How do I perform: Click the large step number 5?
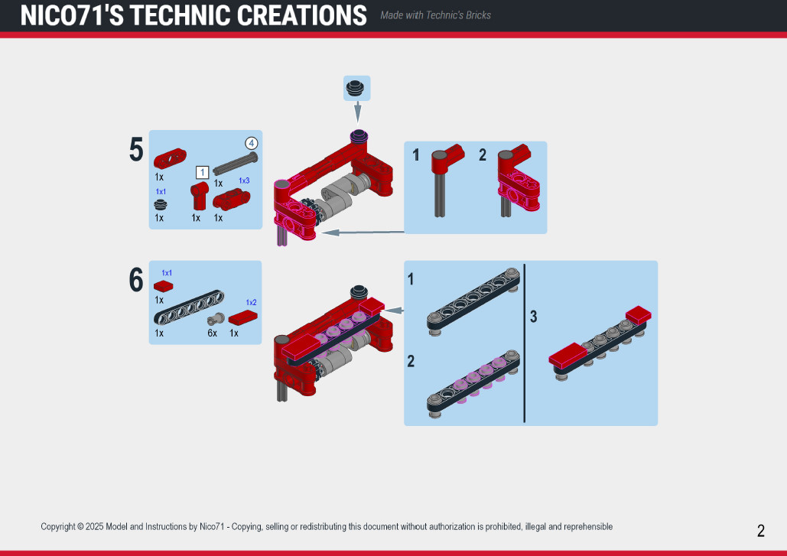click(x=136, y=150)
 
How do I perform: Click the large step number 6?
click(x=136, y=279)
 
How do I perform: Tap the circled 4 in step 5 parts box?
click(x=252, y=144)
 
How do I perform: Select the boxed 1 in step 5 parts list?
click(x=202, y=173)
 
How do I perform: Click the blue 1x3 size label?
click(x=244, y=180)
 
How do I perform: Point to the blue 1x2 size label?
click(x=251, y=303)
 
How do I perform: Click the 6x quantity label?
click(x=213, y=333)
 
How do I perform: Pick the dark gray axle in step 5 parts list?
click(x=236, y=164)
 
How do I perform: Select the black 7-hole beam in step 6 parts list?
click(x=189, y=307)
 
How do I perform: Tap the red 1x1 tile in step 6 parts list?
click(x=163, y=286)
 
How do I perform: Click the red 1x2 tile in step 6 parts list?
click(x=243, y=317)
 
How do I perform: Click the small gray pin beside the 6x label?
click(x=216, y=319)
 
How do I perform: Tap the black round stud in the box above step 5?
click(x=356, y=87)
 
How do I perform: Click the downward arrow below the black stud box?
click(x=358, y=112)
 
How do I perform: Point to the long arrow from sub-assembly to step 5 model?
click(x=363, y=232)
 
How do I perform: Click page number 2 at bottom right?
click(x=761, y=531)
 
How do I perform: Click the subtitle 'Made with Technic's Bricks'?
click(x=435, y=15)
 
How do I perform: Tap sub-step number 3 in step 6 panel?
click(x=534, y=316)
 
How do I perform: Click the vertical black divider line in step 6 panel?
click(x=525, y=343)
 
